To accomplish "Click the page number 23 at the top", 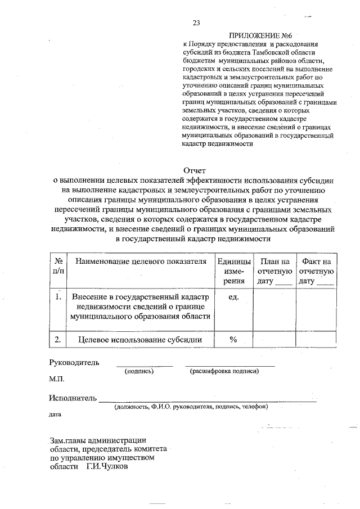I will click(x=196, y=22).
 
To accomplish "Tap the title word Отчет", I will click(x=196, y=170).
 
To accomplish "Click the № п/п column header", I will click(x=58, y=266).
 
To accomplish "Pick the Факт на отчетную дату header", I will click(x=316, y=271).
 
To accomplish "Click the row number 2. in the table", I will click(x=58, y=340).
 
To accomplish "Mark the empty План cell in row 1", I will click(x=274, y=309).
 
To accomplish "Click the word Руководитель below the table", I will click(x=74, y=362).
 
